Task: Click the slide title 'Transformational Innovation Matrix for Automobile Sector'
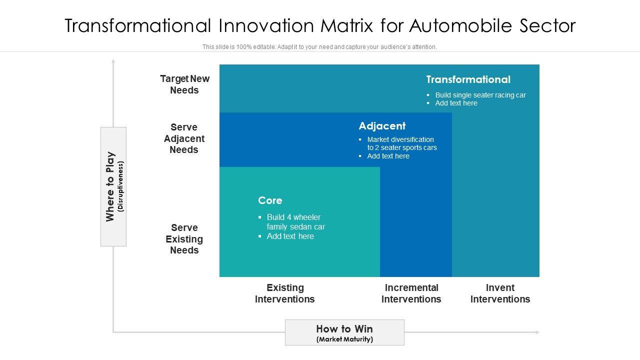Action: [320, 25]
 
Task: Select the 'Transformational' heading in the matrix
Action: [468, 79]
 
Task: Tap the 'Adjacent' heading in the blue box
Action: [382, 126]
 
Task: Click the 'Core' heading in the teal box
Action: [270, 200]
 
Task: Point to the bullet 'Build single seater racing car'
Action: [480, 95]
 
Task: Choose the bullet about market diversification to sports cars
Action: [401, 143]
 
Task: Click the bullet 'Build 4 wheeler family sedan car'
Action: [295, 222]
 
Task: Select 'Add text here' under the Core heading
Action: [290, 236]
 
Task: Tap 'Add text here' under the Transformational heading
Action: [456, 103]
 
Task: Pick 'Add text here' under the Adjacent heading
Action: [388, 156]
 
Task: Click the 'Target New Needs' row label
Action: [184, 84]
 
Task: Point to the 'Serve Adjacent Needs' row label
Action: [184, 138]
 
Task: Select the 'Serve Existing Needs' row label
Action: [184, 239]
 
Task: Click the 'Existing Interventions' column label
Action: [285, 293]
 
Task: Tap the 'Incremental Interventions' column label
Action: [411, 293]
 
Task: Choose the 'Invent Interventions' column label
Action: [500, 293]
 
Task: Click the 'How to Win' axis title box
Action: [344, 332]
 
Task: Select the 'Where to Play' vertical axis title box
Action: [113, 186]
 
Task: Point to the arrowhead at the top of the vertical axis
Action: [113, 61]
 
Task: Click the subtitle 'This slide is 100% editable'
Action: [319, 47]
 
